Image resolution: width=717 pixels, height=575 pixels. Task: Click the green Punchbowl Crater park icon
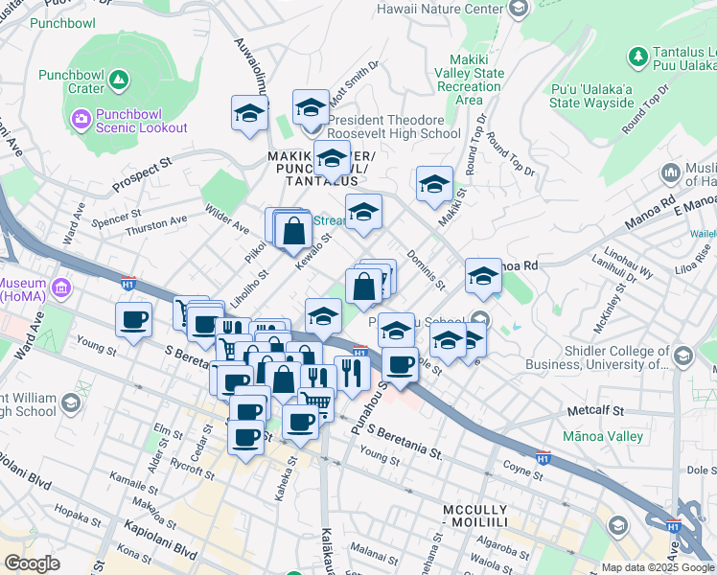coord(119,80)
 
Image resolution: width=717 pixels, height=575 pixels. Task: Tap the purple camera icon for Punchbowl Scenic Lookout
coord(81,119)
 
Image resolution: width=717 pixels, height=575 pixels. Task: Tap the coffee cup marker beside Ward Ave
coord(133,319)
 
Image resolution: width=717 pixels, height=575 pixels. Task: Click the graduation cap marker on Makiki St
coord(433,184)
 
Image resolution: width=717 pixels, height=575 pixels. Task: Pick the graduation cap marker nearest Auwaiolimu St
coord(249,112)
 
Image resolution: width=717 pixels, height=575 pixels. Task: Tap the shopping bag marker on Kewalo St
coord(293,230)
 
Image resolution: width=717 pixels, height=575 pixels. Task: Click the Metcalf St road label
coord(594,410)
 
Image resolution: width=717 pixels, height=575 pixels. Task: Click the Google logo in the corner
coord(31,563)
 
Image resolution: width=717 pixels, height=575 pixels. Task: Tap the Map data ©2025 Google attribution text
coord(657,567)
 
